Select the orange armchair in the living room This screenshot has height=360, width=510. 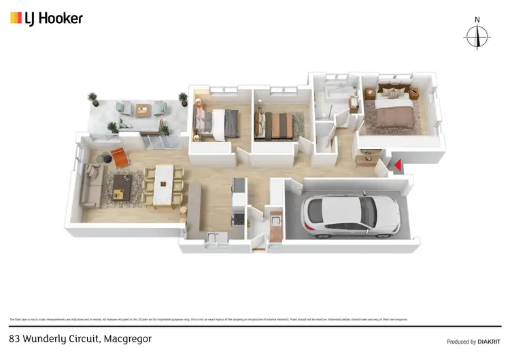(x=120, y=157)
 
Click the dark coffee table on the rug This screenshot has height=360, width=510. (x=122, y=184)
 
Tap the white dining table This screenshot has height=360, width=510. (x=164, y=185)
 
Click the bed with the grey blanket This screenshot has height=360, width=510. (x=220, y=123)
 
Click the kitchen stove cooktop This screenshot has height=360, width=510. (x=238, y=218)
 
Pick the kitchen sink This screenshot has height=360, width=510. (x=213, y=237)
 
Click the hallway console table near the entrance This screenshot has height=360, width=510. (x=365, y=161)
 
